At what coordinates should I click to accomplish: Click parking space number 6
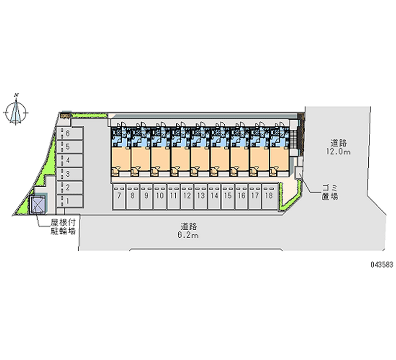pyautogui.click(x=67, y=133)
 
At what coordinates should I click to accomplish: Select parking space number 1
pyautogui.click(x=67, y=201)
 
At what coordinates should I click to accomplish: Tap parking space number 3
pyautogui.click(x=67, y=174)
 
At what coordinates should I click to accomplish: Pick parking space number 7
pyautogui.click(x=119, y=196)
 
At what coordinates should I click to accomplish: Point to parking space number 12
pyautogui.click(x=187, y=196)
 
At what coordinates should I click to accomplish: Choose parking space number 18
pyautogui.click(x=268, y=196)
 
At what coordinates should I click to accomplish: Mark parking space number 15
pyautogui.click(x=227, y=196)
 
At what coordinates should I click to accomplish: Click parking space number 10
pyautogui.click(x=160, y=196)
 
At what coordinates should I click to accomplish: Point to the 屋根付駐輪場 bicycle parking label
pyautogui.click(x=62, y=227)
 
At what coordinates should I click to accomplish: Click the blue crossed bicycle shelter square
pyautogui.click(x=38, y=204)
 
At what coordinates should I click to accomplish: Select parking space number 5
pyautogui.click(x=67, y=147)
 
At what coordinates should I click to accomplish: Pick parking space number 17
pyautogui.click(x=254, y=196)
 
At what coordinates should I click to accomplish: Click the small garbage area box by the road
pyautogui.click(x=299, y=172)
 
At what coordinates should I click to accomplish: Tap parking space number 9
pyautogui.click(x=146, y=196)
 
